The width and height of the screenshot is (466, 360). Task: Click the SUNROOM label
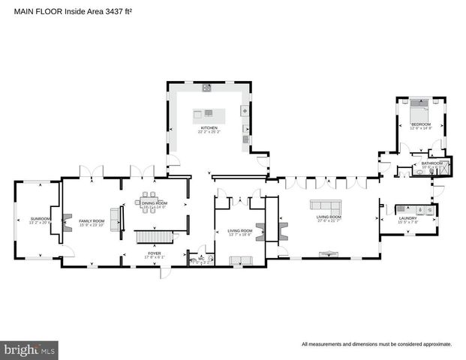[x=30, y=219]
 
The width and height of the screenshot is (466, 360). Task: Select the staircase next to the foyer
[x=153, y=237]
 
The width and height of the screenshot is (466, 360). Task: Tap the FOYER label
[x=153, y=253]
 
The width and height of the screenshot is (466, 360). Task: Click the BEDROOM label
[x=420, y=124]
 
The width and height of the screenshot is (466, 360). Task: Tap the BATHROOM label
[x=431, y=163]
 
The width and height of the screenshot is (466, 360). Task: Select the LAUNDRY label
[x=407, y=218]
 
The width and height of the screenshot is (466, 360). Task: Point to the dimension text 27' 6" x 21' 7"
[x=329, y=221]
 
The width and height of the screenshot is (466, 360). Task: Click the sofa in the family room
[x=115, y=218]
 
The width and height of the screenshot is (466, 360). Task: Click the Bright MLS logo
[x=29, y=349]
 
